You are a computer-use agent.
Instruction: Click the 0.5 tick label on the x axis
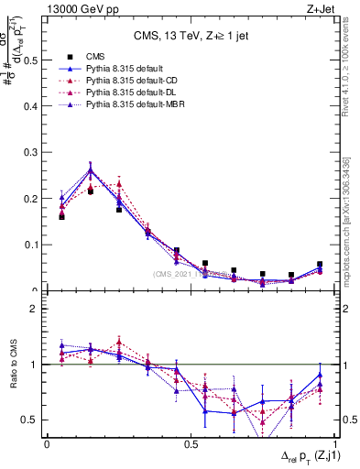[191, 442]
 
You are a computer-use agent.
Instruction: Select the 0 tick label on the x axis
[47, 442]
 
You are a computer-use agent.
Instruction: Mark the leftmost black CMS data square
[61, 217]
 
